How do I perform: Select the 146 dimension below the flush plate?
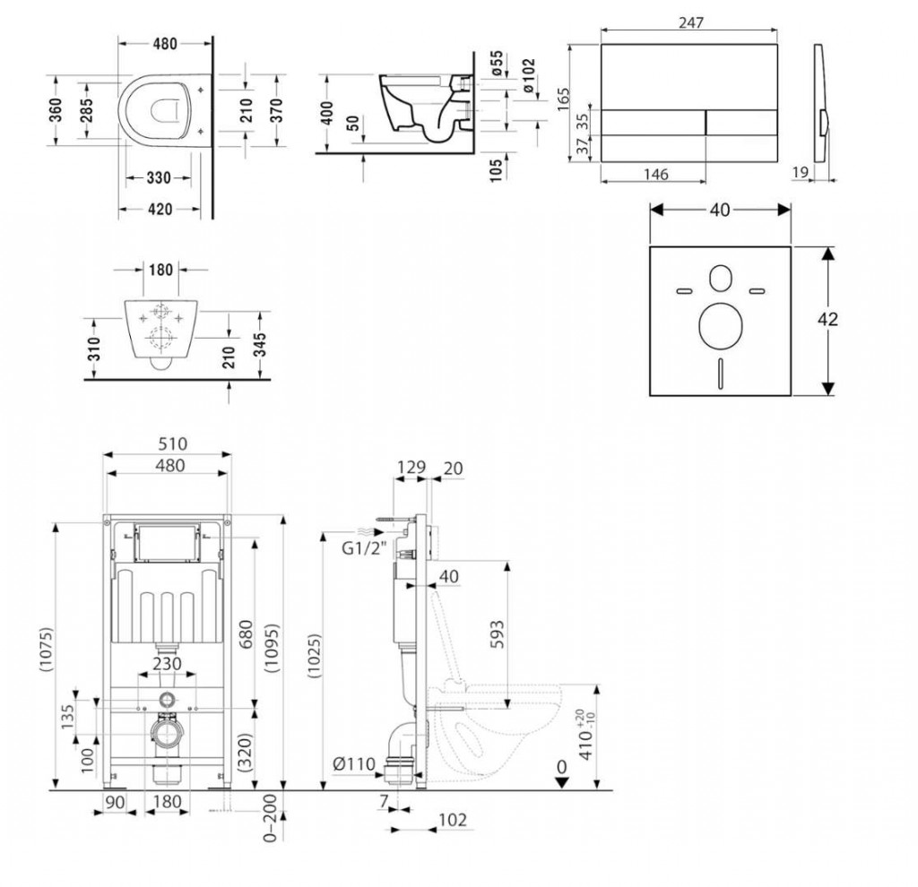click(656, 175)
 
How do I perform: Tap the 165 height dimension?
click(562, 98)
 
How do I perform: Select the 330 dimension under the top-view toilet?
click(159, 178)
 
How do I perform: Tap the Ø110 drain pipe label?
click(352, 763)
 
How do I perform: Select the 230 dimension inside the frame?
click(166, 664)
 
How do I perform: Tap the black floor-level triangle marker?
click(561, 781)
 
